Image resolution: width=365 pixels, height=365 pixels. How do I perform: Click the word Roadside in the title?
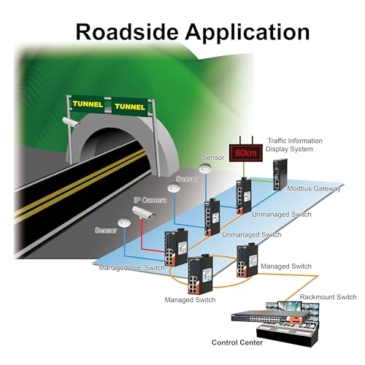127,32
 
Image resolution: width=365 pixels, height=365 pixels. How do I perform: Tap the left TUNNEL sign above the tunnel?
88,104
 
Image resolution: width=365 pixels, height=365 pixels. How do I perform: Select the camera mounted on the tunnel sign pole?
71,121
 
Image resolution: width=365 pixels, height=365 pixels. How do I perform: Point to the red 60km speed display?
246,153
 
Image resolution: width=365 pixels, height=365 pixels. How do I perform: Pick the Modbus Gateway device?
280,174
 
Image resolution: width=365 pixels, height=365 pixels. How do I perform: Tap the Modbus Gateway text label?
314,188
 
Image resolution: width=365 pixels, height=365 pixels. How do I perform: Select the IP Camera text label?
150,200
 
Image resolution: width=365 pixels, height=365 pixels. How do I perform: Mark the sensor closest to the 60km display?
204,169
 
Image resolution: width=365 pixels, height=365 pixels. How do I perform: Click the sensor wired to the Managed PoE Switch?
124,223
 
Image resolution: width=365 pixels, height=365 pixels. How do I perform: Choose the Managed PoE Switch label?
131,268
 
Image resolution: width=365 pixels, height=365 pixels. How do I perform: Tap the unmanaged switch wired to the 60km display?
243,196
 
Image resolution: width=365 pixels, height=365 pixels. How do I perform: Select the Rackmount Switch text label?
328,297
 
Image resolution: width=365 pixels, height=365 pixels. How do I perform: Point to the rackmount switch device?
270,317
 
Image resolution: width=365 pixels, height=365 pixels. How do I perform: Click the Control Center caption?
237,342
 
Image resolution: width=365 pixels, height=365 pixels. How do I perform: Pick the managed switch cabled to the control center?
247,261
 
